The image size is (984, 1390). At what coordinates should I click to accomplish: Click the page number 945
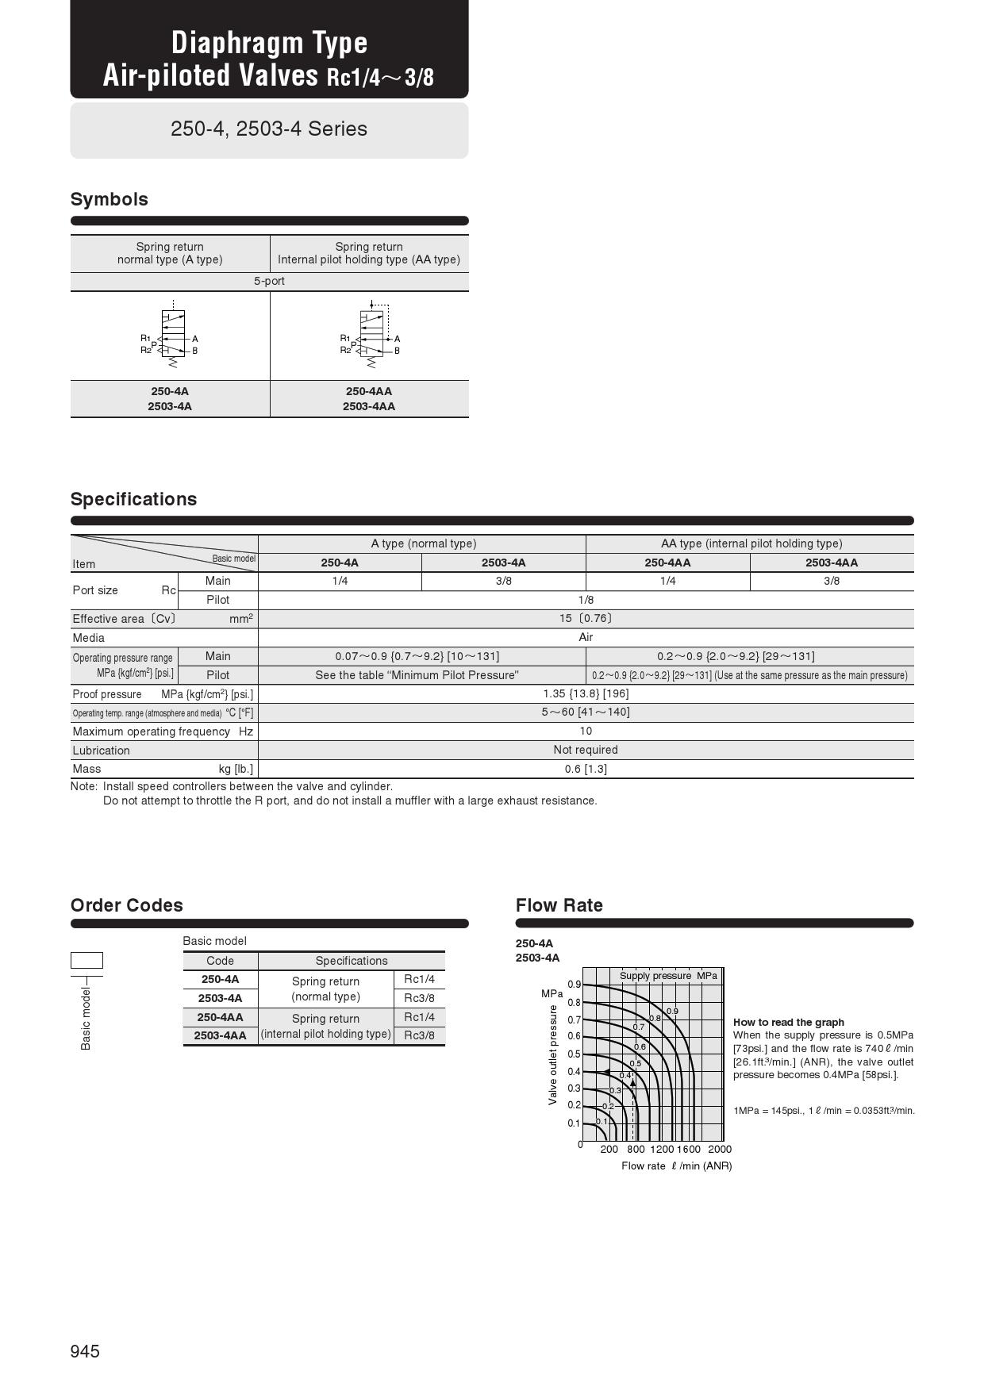tap(85, 1351)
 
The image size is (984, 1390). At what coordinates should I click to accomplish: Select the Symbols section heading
tap(110, 199)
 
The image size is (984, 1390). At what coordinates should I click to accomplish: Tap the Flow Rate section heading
tap(559, 905)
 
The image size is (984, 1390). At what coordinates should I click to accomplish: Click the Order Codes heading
tap(127, 905)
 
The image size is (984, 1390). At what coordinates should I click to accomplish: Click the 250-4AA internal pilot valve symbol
tap(371, 336)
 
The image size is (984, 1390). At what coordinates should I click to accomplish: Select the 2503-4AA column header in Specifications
tap(831, 563)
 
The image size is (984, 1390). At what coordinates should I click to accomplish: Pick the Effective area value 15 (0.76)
tap(586, 619)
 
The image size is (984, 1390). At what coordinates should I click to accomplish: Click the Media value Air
tap(586, 637)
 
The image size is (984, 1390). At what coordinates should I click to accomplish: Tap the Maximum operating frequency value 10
tap(586, 731)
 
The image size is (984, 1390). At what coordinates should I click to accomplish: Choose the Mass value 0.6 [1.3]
tap(586, 769)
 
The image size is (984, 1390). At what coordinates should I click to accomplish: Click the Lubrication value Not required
tap(586, 750)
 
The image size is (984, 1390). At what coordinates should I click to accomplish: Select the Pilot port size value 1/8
tap(586, 600)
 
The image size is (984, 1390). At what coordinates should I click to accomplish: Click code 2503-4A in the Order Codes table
tap(220, 998)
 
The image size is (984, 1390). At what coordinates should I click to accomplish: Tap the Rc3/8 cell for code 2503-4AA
tap(419, 1035)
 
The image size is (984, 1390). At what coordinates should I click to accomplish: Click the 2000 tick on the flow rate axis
tap(719, 1149)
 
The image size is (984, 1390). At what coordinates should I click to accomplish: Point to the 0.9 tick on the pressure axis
tap(574, 985)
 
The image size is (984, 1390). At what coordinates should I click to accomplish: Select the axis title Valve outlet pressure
tap(553, 1054)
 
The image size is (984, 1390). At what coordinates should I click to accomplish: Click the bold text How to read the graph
tap(788, 1023)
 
